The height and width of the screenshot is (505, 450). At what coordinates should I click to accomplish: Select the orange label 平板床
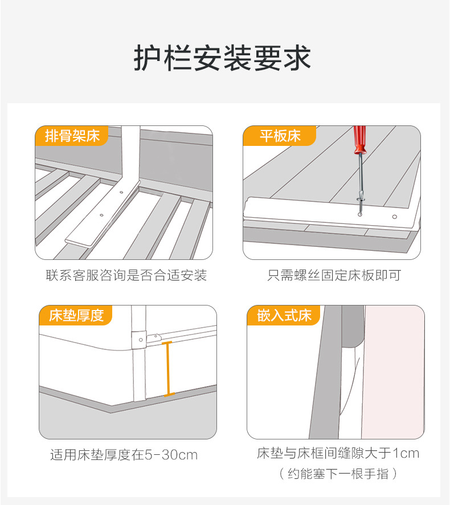(x=280, y=136)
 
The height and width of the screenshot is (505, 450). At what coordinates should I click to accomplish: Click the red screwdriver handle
(x=359, y=140)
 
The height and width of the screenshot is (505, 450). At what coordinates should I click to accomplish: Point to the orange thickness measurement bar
(x=167, y=369)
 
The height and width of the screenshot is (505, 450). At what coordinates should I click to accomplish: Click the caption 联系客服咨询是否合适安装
(x=126, y=276)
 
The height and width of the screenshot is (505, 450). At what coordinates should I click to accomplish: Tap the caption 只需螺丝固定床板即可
(x=334, y=276)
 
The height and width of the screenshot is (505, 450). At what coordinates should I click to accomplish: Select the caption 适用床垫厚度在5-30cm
(x=124, y=455)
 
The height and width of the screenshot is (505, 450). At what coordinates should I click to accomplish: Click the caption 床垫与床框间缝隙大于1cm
(x=338, y=454)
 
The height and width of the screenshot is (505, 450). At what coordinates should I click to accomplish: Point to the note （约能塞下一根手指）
(x=338, y=474)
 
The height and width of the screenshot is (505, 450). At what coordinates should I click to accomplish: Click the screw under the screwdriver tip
(x=361, y=213)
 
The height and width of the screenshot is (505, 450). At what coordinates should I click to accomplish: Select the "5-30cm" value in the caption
(x=171, y=455)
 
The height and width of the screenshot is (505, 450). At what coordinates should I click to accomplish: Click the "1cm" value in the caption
(x=406, y=454)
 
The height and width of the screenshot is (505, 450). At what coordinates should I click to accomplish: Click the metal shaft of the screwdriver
(x=360, y=177)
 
